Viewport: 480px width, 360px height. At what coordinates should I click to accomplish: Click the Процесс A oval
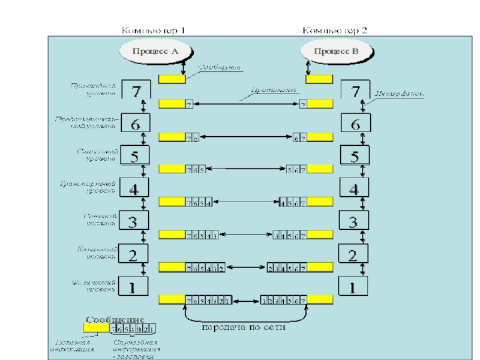[x=154, y=51]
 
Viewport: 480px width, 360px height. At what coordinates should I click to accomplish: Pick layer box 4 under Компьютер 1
[x=134, y=188]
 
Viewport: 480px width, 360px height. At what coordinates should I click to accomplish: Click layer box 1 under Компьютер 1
[x=134, y=287]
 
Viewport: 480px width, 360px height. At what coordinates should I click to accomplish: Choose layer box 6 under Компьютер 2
[x=355, y=124]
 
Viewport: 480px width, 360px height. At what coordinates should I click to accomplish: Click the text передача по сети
[x=245, y=328]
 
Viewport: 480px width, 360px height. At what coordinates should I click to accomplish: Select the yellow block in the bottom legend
[x=96, y=329]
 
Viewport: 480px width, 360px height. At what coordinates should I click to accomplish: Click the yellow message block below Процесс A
[x=172, y=79]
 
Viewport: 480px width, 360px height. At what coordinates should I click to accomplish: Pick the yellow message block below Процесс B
[x=319, y=79]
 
